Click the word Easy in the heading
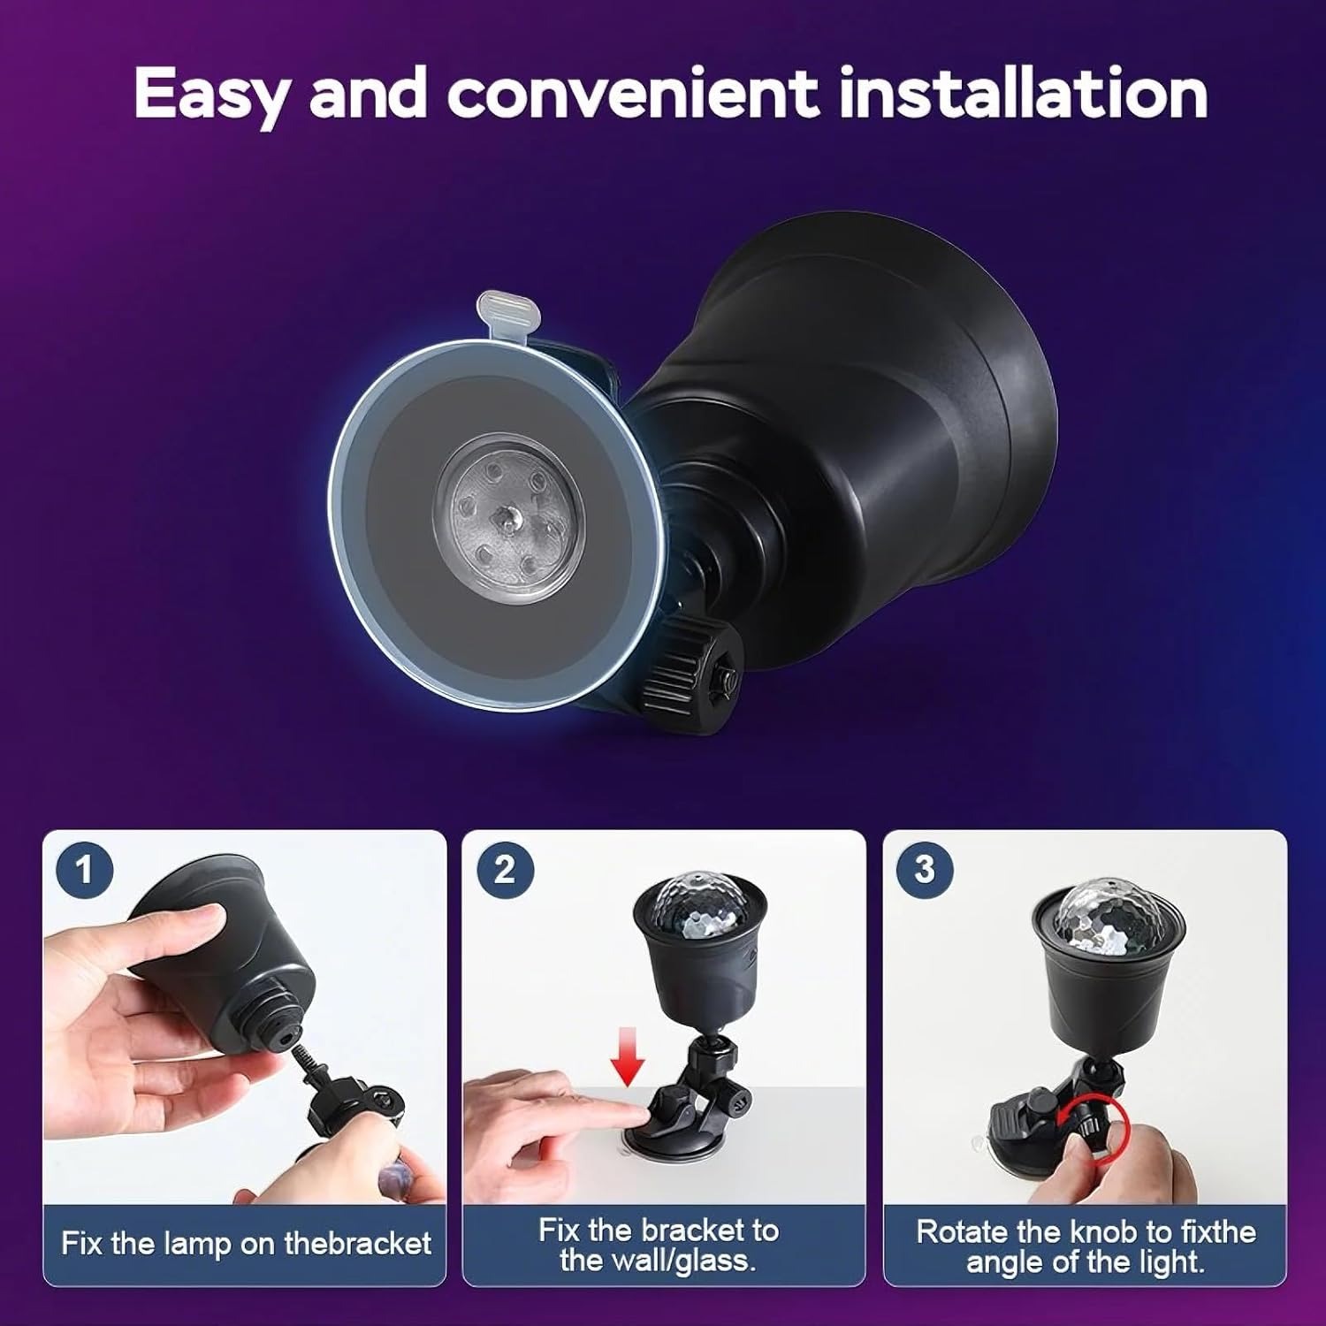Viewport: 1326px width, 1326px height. point(210,95)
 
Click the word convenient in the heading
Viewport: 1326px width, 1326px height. point(632,94)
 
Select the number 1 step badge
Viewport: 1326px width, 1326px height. point(85,870)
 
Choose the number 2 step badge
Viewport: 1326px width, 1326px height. point(505,870)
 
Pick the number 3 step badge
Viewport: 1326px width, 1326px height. point(925,870)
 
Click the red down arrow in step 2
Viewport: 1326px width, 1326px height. point(629,1057)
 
